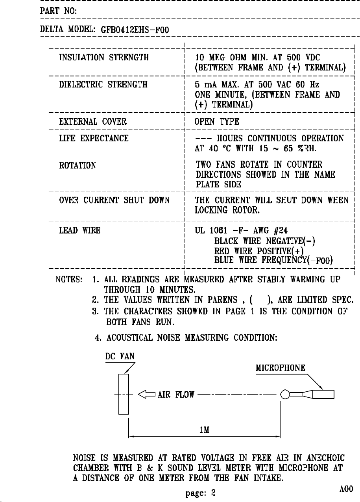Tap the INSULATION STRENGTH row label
[104, 58]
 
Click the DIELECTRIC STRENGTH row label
[103, 84]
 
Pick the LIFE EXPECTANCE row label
[94, 138]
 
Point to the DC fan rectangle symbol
[124, 394]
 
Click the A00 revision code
[346, 488]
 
